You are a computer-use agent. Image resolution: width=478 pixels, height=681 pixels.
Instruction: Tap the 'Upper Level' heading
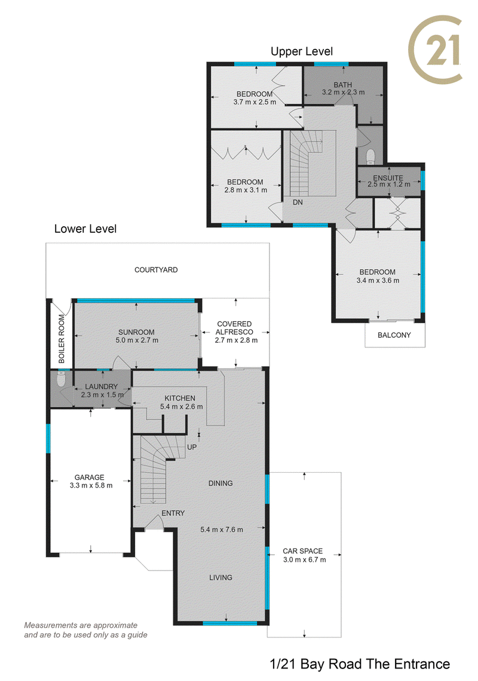301,52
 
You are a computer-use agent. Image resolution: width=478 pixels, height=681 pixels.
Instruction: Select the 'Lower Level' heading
85,229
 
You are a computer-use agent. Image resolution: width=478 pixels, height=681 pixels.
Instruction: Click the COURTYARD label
156,270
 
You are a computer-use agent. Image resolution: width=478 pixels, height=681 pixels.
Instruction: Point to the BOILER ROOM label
62,339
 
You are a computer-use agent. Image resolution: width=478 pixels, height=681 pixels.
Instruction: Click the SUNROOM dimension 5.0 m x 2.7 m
137,340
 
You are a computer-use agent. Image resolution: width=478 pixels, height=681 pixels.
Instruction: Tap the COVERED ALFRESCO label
234,328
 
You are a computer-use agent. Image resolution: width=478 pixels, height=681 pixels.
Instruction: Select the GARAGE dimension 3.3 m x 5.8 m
91,486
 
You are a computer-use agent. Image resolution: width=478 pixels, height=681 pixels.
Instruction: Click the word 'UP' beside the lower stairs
192,447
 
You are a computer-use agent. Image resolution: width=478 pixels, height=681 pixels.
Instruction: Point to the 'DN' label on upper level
298,202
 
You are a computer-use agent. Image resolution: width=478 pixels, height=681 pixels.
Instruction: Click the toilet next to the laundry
61,379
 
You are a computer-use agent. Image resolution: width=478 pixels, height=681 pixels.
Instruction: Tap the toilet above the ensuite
370,156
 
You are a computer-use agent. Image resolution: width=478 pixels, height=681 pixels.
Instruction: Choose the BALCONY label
394,335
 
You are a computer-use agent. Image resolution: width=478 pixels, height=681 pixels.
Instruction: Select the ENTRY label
173,513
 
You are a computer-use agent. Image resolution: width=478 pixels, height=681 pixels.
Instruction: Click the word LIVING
220,577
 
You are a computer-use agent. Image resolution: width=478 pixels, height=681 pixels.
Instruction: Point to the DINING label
220,483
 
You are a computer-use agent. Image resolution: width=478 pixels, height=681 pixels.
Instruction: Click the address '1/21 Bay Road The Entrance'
360,664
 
